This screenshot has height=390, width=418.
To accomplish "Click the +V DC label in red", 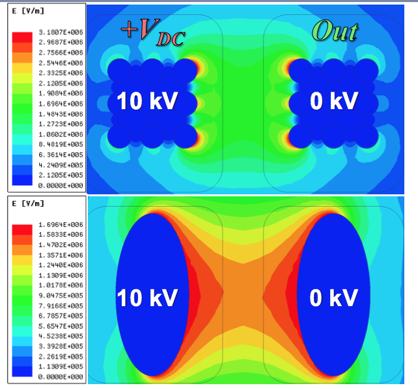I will [152, 33].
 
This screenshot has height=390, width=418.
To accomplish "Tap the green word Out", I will [335, 30].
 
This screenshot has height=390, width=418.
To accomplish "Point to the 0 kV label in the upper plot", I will [334, 101].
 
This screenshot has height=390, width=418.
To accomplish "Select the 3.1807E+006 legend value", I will [58, 32].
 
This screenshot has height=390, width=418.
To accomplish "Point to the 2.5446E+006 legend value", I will [58, 63].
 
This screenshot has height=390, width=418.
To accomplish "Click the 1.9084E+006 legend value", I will [58, 94].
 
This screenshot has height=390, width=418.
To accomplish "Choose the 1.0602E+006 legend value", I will [58, 135].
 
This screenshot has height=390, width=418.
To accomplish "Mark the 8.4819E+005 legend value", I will [58, 145].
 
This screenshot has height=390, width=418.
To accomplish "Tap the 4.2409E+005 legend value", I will [58, 165].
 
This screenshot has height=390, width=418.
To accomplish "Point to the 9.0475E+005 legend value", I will [58, 296].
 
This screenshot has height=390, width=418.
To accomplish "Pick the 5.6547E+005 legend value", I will [58, 326].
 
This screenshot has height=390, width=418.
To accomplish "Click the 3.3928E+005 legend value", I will [58, 346].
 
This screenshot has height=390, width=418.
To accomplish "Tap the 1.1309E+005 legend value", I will [58, 367].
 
